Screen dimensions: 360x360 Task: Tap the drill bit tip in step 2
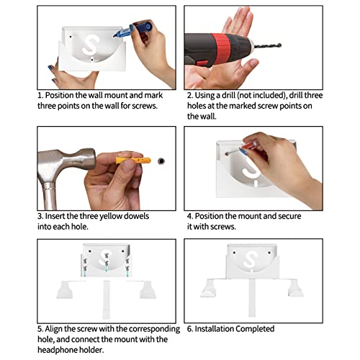pos(280,45)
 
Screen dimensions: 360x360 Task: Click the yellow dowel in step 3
pos(133,160)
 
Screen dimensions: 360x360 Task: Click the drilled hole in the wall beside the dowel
pos(161,161)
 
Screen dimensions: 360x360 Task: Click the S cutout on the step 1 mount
pos(90,45)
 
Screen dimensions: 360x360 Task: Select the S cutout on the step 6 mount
pos(251,259)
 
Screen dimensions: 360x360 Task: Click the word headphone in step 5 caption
pos(55,350)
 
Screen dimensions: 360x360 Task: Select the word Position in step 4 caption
pos(209,216)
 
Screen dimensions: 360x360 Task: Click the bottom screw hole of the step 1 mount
pos(92,60)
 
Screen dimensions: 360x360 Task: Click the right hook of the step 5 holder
pos(147,290)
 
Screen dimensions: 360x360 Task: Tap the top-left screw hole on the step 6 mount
pos(234,253)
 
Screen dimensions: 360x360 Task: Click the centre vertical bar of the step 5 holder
pos(106,300)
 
